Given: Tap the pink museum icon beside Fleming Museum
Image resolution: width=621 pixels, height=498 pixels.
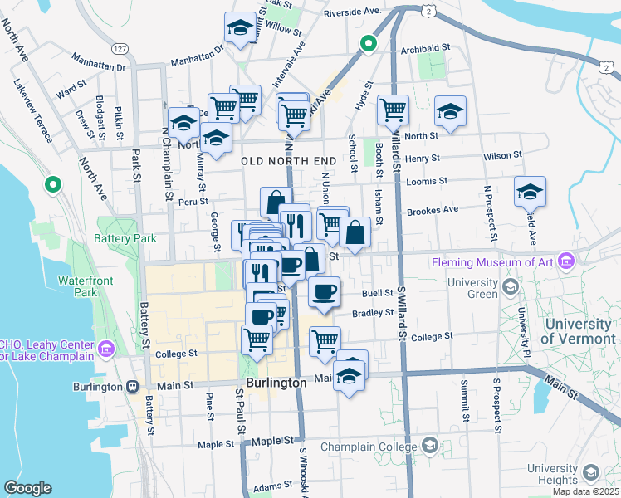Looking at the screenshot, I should [567, 261].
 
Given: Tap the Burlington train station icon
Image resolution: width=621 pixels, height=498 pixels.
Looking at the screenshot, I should [132, 386].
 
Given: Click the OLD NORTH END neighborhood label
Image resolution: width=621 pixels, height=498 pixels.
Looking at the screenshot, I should [289, 159].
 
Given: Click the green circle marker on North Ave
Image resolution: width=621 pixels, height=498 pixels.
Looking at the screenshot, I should [54, 185].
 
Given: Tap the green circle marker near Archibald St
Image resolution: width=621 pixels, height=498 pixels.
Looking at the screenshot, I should [368, 43].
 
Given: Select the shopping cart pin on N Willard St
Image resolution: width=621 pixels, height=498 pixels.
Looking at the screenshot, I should [393, 110].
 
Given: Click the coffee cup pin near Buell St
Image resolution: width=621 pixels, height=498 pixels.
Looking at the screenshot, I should [324, 291].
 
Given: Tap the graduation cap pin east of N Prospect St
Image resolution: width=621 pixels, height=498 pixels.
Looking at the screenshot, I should [530, 193].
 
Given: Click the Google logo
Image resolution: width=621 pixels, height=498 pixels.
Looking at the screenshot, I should [28, 488].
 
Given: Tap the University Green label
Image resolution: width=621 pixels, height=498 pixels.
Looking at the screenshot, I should [472, 288].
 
